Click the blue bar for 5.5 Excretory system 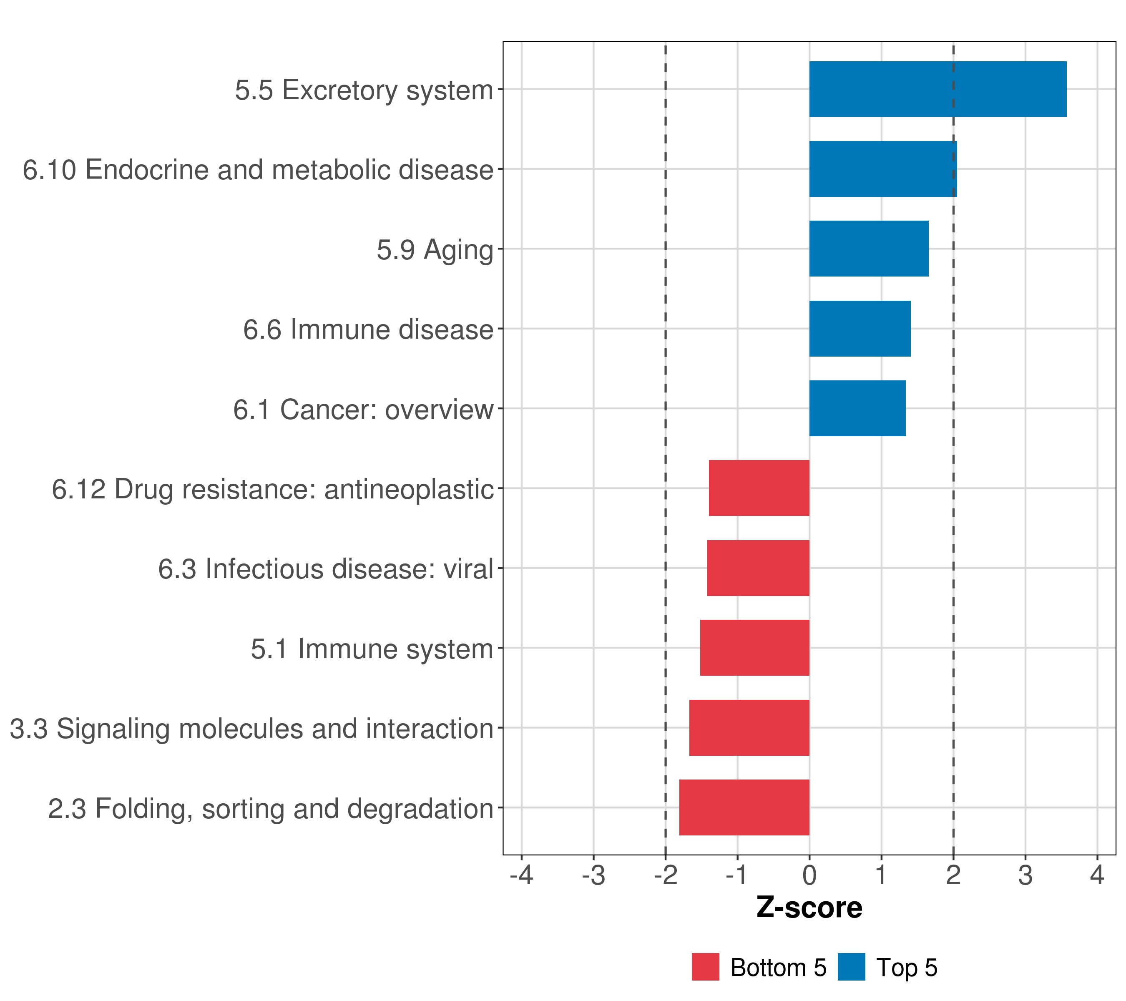937,89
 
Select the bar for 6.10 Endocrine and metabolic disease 882,169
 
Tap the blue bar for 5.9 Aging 868,249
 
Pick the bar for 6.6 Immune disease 860,329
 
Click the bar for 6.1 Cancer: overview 857,408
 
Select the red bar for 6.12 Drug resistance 759,488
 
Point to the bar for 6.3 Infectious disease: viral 758,568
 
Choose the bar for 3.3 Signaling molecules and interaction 749,728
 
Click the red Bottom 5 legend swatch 705,967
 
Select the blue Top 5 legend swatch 851,967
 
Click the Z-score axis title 809,907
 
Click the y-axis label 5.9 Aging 435,249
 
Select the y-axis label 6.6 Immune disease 368,329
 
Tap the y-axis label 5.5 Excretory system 364,90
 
